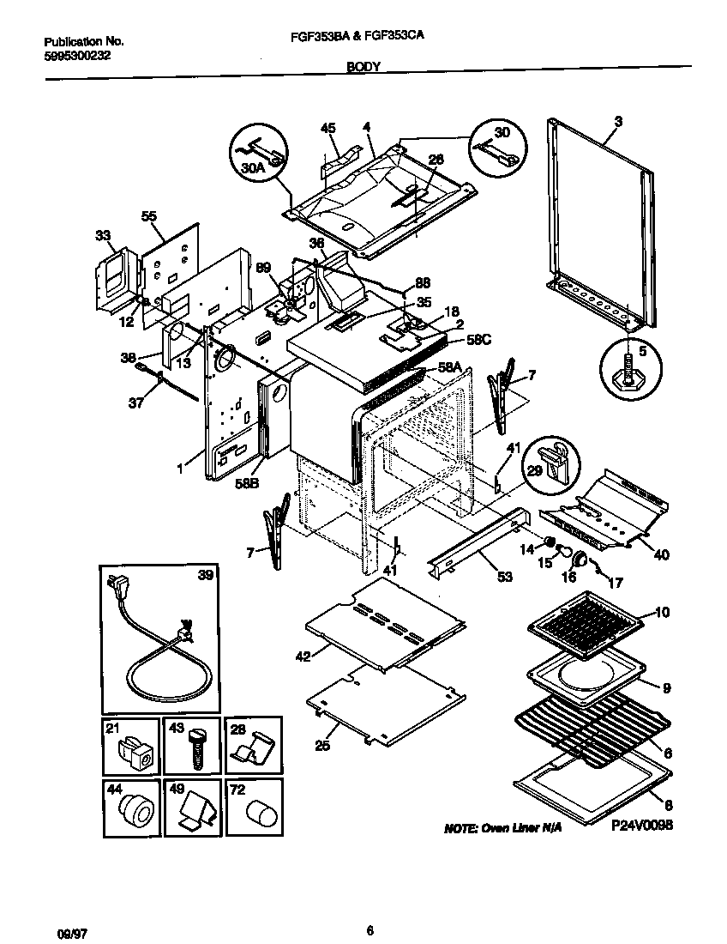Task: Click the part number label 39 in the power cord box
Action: coord(206,575)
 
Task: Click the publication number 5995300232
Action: coord(76,56)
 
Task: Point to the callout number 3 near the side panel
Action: coord(617,122)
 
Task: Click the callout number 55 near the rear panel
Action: coord(149,217)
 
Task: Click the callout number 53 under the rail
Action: coord(505,577)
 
